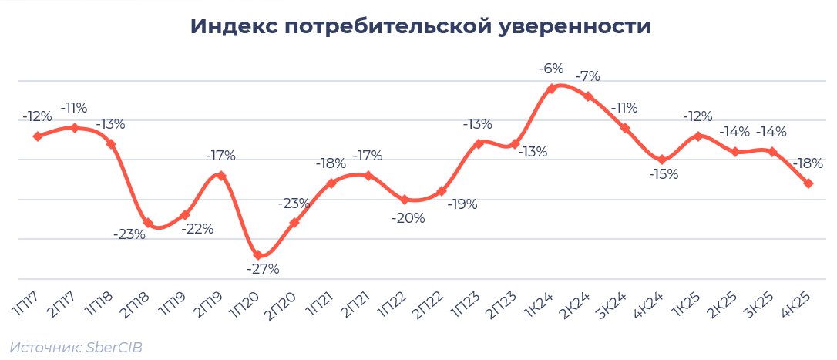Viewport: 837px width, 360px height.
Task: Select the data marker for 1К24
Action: (x=551, y=89)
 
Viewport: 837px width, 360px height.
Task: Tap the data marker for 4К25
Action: (x=808, y=183)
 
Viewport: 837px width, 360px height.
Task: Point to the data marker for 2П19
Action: (x=221, y=176)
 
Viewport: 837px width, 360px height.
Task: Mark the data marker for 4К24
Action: (x=661, y=160)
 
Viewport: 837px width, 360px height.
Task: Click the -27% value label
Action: (x=263, y=269)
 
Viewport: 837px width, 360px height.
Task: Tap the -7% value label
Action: (x=588, y=76)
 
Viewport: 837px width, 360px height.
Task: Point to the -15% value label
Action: (x=663, y=174)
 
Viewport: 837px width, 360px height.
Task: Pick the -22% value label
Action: (x=197, y=229)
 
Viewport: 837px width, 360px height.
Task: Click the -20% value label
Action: (x=408, y=218)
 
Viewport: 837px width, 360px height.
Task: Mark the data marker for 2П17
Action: (x=74, y=128)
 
